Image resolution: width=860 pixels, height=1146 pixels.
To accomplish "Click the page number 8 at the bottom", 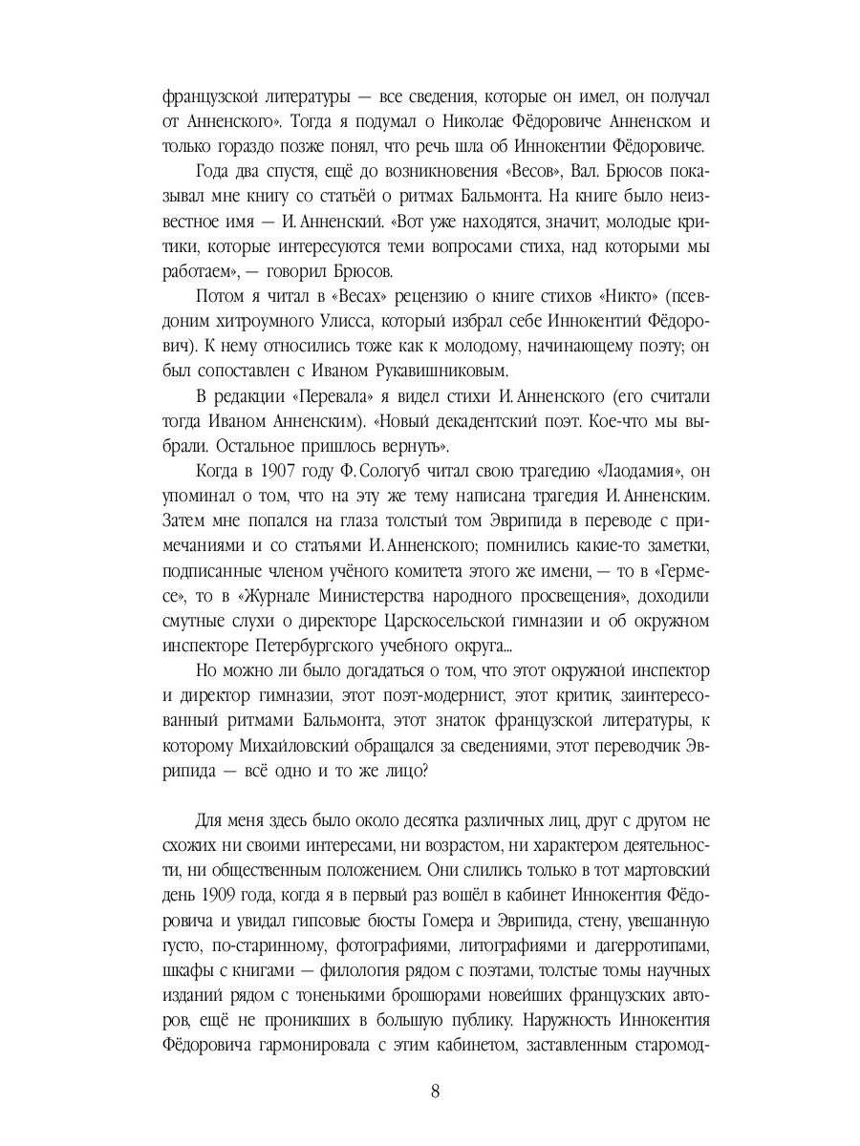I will [435, 1093].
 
